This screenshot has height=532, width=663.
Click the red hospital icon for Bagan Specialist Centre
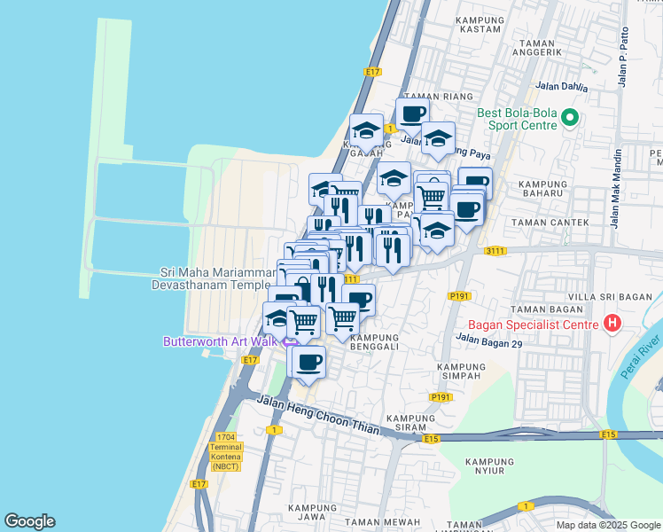click(x=611, y=324)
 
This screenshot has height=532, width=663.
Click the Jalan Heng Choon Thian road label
click(x=319, y=416)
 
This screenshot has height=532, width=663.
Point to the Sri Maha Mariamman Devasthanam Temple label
click(x=214, y=278)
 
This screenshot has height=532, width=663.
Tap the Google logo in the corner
click(x=29, y=521)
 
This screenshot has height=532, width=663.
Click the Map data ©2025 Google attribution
click(x=607, y=525)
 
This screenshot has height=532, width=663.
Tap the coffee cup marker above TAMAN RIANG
click(x=412, y=113)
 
